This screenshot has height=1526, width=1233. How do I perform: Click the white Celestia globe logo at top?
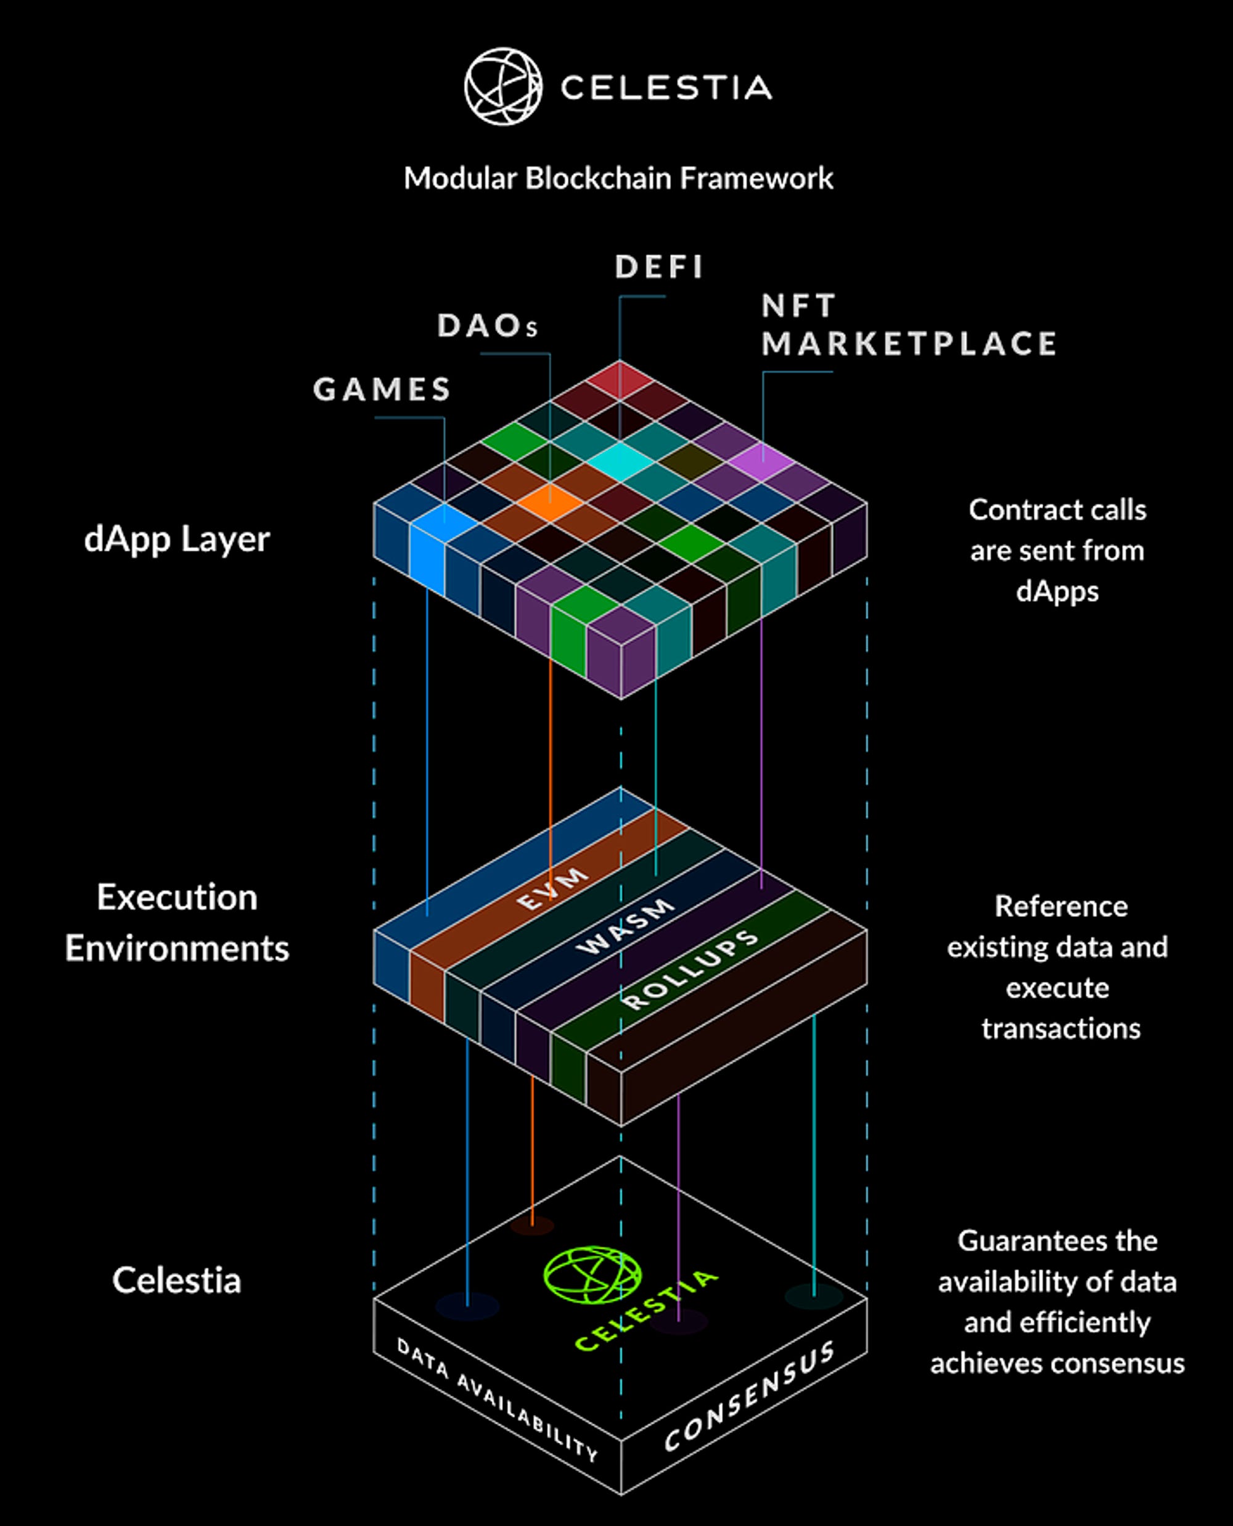click(x=503, y=87)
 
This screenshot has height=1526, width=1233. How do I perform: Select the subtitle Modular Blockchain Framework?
click(x=618, y=178)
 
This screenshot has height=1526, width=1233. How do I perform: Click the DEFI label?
click(x=659, y=267)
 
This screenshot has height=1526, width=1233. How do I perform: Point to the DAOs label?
click(x=487, y=326)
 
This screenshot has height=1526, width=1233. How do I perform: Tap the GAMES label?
click(x=382, y=389)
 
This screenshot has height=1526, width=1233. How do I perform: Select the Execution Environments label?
click(x=177, y=923)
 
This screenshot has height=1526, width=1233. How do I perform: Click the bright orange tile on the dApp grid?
click(x=550, y=503)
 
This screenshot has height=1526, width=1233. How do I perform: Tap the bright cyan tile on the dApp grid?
click(x=620, y=462)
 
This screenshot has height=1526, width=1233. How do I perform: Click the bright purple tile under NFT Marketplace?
click(x=761, y=462)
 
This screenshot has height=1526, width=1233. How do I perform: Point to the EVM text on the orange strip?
click(x=552, y=888)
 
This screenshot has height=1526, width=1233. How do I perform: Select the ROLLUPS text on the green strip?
click(x=690, y=969)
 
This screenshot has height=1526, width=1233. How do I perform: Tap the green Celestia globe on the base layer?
click(x=592, y=1274)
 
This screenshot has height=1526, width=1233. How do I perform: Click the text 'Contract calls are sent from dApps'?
click(x=1057, y=551)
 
